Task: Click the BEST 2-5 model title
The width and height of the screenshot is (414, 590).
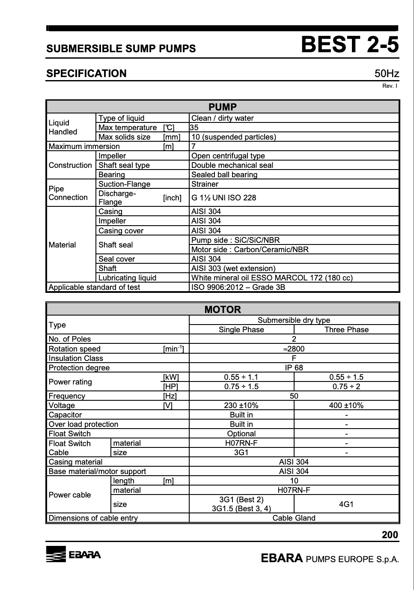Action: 349,45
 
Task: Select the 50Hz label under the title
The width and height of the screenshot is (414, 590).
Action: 386,74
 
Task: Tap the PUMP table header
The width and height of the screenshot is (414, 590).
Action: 223,107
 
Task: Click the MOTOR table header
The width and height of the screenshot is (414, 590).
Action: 223,309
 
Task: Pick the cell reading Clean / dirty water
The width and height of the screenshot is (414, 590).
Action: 222,118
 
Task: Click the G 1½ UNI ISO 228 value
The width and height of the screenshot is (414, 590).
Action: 223,198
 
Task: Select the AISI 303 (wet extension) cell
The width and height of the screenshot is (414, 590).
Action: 233,268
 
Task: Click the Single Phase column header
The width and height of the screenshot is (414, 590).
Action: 241,330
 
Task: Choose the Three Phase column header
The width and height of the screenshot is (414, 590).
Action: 346,330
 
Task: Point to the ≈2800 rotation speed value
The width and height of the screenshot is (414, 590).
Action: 294,349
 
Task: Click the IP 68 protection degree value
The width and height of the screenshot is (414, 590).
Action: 294,368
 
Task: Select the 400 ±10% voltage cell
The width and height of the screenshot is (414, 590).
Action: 346,405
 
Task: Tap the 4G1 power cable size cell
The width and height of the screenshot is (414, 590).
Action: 346,504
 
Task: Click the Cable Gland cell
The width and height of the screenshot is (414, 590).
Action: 294,518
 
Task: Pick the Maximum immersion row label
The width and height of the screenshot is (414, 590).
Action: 84,146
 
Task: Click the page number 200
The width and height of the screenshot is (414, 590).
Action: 390,535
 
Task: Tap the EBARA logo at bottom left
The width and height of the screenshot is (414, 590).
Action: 74,554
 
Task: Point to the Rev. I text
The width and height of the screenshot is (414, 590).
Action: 390,86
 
